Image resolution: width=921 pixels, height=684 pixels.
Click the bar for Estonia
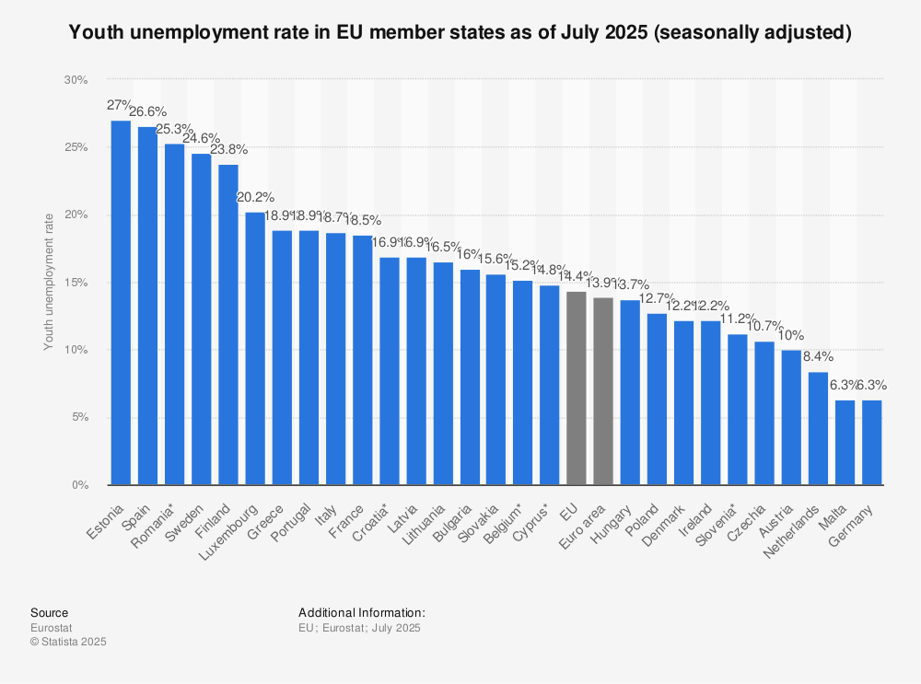click(x=121, y=304)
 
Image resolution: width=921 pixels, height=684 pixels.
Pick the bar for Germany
click(x=871, y=443)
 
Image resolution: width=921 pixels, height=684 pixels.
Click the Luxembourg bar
click(x=255, y=349)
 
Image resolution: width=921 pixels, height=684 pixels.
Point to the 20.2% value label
click(x=255, y=197)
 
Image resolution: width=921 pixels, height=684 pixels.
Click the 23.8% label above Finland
click(x=228, y=148)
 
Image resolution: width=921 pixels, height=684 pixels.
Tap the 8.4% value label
click(x=818, y=356)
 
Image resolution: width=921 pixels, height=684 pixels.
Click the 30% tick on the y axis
click(x=76, y=80)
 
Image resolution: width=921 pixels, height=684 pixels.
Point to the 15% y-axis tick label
click(x=76, y=283)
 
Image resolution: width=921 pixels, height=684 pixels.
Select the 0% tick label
click(x=78, y=485)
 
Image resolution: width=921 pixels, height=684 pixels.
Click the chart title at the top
click(x=460, y=33)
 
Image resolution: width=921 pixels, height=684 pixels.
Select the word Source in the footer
click(x=49, y=612)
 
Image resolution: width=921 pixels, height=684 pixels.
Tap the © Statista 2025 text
click(x=68, y=642)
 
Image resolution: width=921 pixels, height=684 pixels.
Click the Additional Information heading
click(x=361, y=612)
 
